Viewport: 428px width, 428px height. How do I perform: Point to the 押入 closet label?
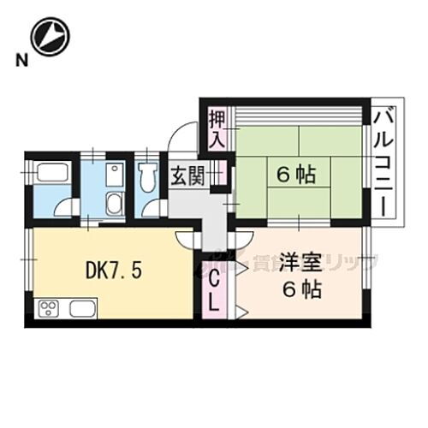(218, 128)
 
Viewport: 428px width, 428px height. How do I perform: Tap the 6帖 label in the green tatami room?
(296, 175)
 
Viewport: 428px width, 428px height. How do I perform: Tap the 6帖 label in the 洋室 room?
(303, 289)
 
